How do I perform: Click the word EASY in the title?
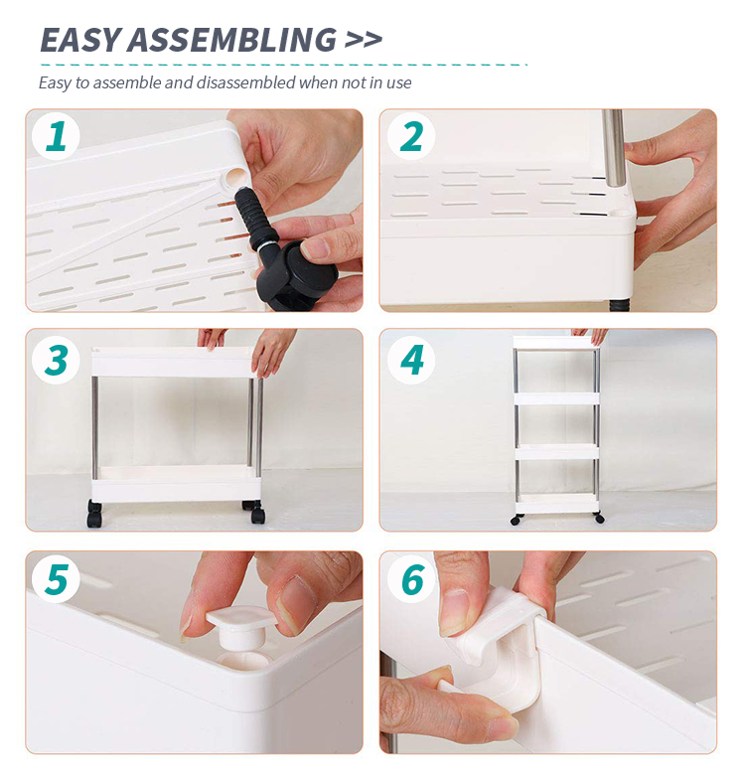[x=80, y=40]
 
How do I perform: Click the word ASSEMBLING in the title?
[x=232, y=40]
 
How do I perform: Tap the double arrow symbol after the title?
[x=364, y=40]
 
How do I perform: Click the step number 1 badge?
[x=56, y=136]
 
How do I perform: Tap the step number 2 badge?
[x=410, y=136]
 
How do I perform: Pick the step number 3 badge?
[x=56, y=360]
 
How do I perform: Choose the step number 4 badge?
[x=410, y=360]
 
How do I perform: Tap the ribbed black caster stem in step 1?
[x=249, y=217]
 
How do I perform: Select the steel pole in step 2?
[x=613, y=148]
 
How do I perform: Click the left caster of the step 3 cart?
[x=94, y=514]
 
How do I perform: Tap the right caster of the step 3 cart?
[x=254, y=512]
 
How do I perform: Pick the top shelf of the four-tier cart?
[x=556, y=343]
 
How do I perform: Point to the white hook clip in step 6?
[x=501, y=644]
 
